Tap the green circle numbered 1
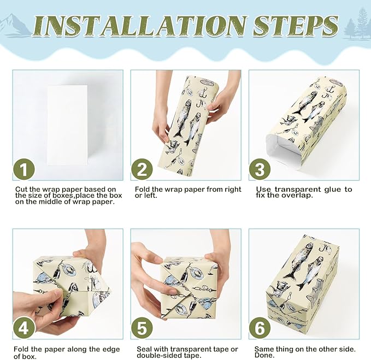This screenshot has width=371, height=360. (24, 169)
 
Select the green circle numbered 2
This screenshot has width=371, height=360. (142, 169)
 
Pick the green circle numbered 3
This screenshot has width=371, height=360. (260, 169)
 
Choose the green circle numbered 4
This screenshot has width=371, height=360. (24, 328)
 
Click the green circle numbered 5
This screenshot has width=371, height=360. (142, 328)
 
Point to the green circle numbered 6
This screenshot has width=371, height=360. (260, 328)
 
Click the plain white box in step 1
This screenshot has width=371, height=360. (67, 125)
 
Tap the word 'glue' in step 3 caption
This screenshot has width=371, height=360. (328, 190)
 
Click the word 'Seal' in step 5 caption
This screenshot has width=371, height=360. (144, 349)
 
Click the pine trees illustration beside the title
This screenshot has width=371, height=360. (357, 23)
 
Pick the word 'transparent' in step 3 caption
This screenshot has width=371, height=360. (295, 190)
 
